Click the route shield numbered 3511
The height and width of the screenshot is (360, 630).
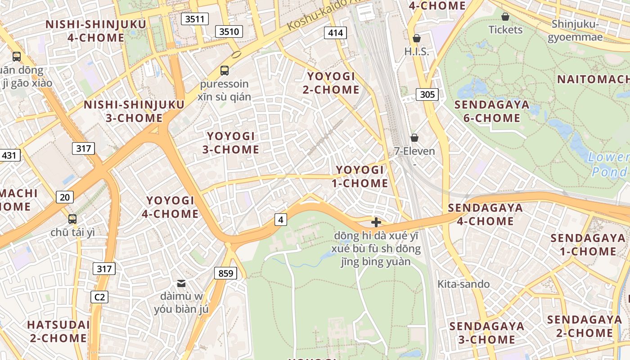point(195,19)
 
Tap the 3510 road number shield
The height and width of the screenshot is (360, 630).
point(229,31)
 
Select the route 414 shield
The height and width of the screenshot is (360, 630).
point(335,32)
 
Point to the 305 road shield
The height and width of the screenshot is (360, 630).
point(427,94)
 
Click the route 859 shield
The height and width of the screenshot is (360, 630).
point(225,273)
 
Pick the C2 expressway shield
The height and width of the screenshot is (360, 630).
point(99,297)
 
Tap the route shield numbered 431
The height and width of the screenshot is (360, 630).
point(9,156)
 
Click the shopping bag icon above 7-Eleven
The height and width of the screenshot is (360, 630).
point(414,138)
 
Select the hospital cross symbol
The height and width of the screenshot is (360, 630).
point(376,222)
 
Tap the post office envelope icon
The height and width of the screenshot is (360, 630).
point(181,283)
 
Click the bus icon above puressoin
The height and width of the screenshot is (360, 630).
point(224,71)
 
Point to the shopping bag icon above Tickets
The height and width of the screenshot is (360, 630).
point(505,17)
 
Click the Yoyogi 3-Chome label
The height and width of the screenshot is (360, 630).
point(231,143)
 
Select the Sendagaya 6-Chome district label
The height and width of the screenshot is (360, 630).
point(487,111)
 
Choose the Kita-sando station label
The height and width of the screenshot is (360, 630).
point(463,284)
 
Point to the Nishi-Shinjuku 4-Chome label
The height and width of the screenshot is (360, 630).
point(96,31)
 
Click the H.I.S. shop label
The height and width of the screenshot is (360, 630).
point(416,52)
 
